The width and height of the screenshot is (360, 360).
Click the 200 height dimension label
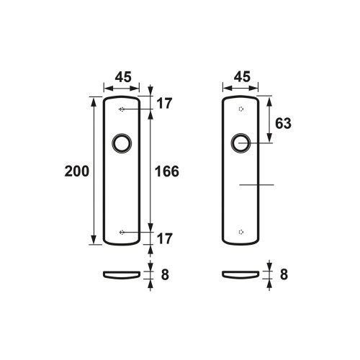click(77, 171)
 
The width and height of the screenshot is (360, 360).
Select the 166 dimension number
click(167, 171)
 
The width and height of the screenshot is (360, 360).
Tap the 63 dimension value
click(283, 123)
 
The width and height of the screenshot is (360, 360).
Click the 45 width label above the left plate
click(123, 77)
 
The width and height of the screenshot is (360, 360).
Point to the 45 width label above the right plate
click(242, 77)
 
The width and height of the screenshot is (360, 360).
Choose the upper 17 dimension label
click(164, 104)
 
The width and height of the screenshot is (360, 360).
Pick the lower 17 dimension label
click(164, 238)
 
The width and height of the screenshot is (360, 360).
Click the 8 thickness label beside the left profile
click(165, 274)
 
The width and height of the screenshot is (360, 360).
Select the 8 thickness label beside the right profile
click(284, 274)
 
